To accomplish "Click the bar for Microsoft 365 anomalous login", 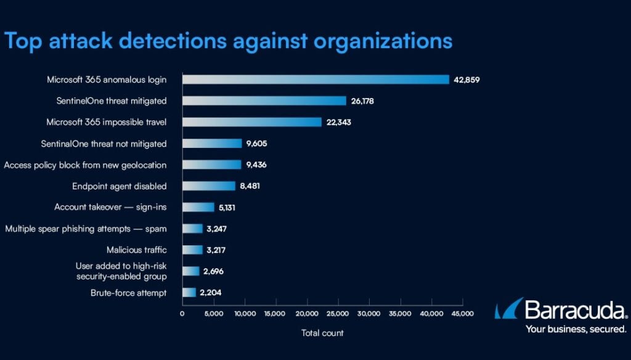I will pyautogui.click(x=315, y=80).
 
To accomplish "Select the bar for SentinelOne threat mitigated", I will pyautogui.click(x=264, y=100).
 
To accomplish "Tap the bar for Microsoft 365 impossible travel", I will pyautogui.click(x=251, y=122).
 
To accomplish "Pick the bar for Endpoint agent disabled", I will pyautogui.click(x=208, y=186).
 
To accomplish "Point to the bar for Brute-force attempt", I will pyautogui.click(x=189, y=293).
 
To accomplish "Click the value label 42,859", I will pyautogui.click(x=466, y=80).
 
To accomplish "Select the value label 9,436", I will pyautogui.click(x=258, y=165).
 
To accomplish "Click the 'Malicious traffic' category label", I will pyautogui.click(x=136, y=250).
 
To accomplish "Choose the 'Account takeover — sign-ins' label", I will pyautogui.click(x=110, y=207).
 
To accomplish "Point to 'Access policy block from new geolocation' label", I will pyautogui.click(x=85, y=165).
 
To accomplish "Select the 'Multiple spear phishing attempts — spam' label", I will pyautogui.click(x=86, y=229).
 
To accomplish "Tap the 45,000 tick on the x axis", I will pyautogui.click(x=462, y=314).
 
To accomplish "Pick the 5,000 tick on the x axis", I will pyautogui.click(x=213, y=314).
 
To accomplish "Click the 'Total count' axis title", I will pyautogui.click(x=322, y=333).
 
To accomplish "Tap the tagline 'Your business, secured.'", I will pyautogui.click(x=576, y=329).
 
